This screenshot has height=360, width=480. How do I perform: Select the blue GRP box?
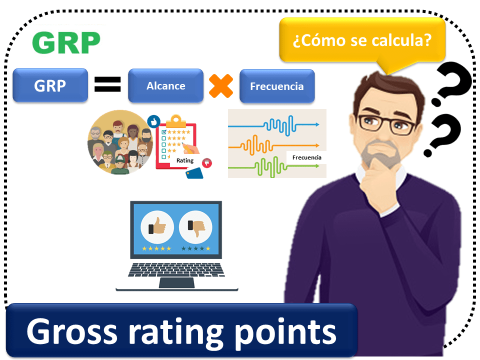(50, 85)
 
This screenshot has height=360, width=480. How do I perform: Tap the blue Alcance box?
(165, 85)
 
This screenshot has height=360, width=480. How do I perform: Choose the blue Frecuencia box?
(276, 86)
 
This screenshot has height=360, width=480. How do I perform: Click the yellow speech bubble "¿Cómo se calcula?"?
(362, 40)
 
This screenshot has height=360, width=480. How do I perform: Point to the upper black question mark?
(452, 85)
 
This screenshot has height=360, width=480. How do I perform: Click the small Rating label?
(185, 161)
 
